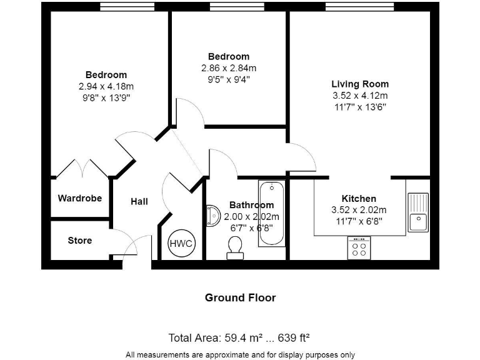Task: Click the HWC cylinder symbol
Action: pos(181,243)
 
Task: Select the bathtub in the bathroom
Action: pos(272,212)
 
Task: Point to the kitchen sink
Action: pos(417,212)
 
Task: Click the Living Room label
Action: pos(359,84)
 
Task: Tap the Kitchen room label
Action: pos(359,199)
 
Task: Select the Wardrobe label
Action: pos(80,199)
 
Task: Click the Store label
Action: pos(80,241)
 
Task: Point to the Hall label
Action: pos(139,202)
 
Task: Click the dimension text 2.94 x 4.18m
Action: pos(106,86)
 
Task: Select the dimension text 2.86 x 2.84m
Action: pos(229,68)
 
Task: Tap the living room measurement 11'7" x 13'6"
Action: pos(359,107)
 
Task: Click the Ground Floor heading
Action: pos(240,297)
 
